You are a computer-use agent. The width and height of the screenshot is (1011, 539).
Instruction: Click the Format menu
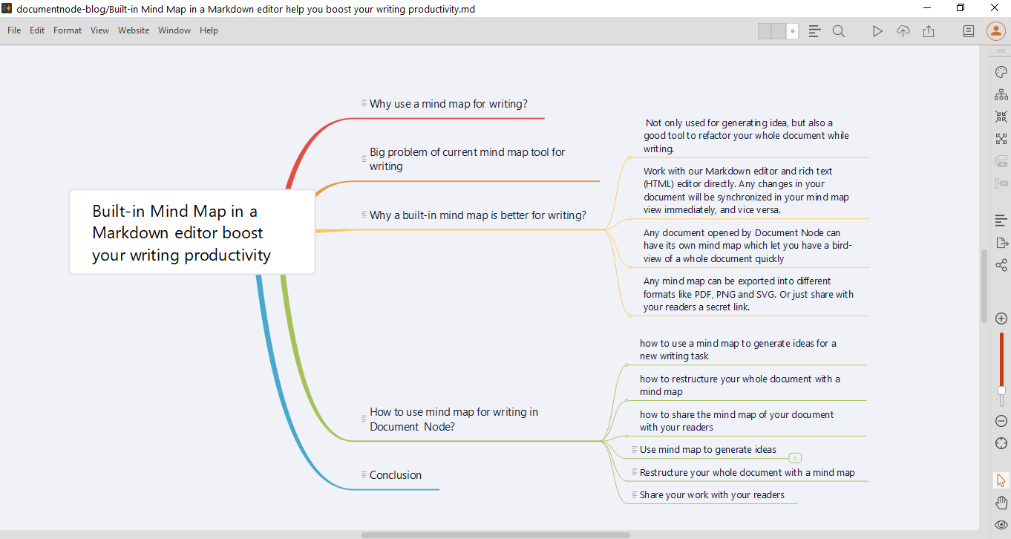click(68, 30)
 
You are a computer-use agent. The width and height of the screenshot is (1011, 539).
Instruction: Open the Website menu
click(134, 30)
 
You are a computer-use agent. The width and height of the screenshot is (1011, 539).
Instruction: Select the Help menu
click(209, 30)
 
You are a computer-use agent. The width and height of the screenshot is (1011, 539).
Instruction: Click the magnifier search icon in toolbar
click(839, 31)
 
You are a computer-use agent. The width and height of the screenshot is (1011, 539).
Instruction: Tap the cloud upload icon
click(903, 31)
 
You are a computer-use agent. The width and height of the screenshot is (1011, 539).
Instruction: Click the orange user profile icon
click(995, 31)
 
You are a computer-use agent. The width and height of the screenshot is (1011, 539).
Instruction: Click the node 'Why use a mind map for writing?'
click(448, 104)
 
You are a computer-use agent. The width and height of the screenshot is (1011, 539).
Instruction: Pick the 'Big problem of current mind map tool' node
click(467, 159)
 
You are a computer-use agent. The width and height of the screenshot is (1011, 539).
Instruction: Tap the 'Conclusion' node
click(395, 475)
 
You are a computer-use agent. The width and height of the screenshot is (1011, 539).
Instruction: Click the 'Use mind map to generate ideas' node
click(707, 449)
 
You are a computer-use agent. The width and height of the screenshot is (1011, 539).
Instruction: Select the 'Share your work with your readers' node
click(712, 494)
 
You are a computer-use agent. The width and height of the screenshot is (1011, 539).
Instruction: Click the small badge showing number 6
click(795, 458)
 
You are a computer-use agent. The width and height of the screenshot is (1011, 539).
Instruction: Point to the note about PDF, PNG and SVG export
click(748, 294)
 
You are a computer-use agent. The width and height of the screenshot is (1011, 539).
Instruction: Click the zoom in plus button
click(1001, 318)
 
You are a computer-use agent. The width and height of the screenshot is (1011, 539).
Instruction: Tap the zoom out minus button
click(1001, 421)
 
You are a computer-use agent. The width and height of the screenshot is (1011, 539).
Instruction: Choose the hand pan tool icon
click(1001, 503)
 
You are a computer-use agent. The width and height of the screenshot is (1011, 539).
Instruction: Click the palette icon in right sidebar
click(1001, 72)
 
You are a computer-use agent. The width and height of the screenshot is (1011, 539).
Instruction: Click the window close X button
click(994, 8)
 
